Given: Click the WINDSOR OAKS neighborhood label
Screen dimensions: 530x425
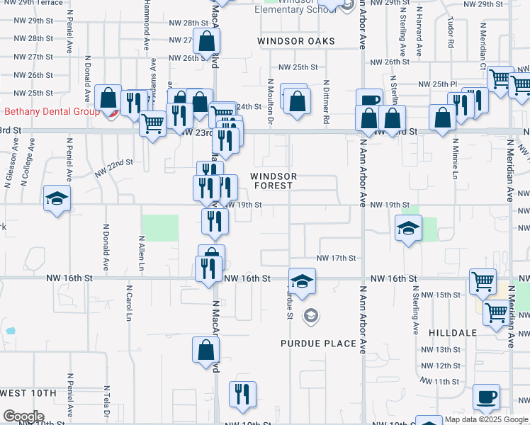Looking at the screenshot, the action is (x=295, y=41).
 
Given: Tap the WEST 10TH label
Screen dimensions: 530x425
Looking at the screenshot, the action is (x=28, y=393).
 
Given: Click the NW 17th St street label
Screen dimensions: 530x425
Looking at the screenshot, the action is (x=336, y=259).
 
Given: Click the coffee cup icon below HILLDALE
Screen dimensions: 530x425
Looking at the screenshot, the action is (x=486, y=398).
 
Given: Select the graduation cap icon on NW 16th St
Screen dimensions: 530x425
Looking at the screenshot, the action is (x=302, y=283).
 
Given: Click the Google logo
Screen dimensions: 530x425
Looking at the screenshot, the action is (x=23, y=416).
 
